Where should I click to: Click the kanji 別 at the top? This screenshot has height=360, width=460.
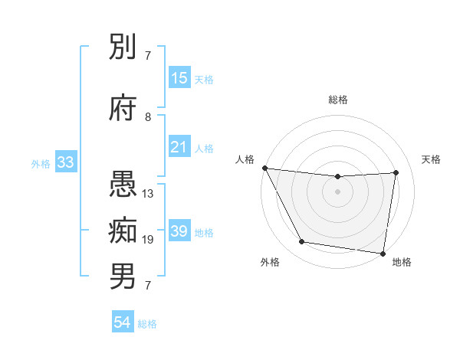(124, 48)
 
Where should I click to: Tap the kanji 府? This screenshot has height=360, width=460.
(124, 109)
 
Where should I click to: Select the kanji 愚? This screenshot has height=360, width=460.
(124, 186)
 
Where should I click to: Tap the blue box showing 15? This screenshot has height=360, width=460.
(179, 78)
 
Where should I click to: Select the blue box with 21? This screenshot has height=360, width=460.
(179, 148)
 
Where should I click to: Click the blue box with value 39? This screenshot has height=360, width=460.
(179, 231)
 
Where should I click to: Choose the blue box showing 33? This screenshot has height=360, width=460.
(65, 162)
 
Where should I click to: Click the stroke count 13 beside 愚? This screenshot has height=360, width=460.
(149, 194)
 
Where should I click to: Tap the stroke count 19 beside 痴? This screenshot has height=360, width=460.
(149, 240)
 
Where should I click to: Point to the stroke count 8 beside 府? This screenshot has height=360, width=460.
(149, 117)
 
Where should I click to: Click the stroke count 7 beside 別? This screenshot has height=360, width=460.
(149, 56)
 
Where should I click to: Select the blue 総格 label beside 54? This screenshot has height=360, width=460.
(147, 324)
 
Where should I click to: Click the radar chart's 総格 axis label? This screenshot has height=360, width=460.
(338, 100)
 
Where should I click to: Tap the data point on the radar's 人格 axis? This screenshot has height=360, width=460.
(264, 168)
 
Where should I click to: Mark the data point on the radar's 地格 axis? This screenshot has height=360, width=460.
(383, 253)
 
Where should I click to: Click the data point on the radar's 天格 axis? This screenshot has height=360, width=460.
(396, 172)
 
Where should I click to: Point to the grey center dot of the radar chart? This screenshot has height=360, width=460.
(338, 191)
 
